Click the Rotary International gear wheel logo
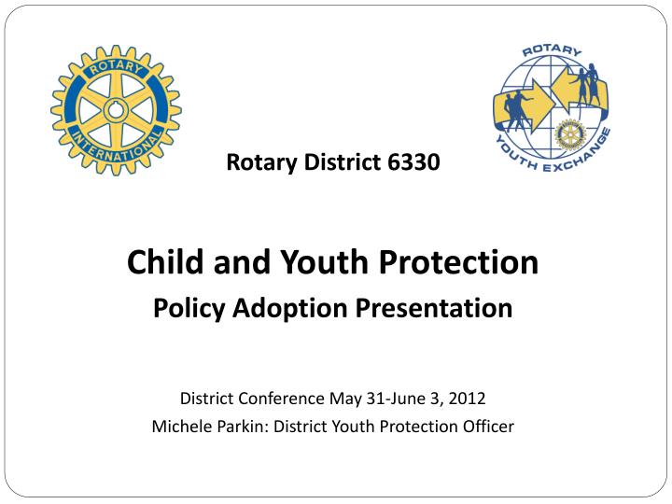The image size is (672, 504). tap(117, 109)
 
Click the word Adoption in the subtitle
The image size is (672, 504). tap(280, 308)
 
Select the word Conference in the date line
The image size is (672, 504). tap(279, 399)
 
